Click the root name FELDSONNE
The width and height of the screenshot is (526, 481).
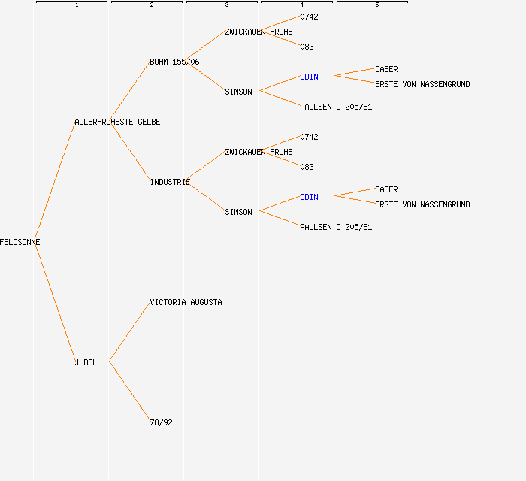point(20,242)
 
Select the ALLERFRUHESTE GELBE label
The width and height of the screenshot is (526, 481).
point(117,122)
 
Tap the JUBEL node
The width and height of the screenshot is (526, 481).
point(86,362)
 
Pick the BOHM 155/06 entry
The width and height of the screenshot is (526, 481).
point(174,62)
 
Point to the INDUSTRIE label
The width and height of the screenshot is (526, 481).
point(170,182)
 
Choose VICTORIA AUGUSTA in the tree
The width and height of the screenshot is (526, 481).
point(186,302)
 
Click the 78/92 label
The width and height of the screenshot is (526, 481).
point(161,422)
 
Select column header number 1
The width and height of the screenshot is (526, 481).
point(77,5)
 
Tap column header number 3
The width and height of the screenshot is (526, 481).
point(227,5)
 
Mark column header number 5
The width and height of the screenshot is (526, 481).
point(377,5)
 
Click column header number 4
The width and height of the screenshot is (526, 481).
point(302,5)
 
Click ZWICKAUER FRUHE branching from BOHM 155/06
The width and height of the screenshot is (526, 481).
point(258,32)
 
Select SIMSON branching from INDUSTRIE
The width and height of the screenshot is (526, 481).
point(238,212)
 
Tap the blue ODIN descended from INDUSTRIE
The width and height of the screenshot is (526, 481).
point(309,197)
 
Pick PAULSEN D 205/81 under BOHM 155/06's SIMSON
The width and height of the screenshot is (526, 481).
point(336,107)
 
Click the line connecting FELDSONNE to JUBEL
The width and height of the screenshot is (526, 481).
point(54,302)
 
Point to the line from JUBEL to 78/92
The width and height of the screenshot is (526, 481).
point(129,392)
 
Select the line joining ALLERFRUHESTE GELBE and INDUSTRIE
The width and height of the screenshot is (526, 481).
point(129,151)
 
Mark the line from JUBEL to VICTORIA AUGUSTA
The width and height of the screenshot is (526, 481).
point(129,332)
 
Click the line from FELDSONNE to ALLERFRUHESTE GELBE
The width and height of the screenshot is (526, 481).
point(54,182)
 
